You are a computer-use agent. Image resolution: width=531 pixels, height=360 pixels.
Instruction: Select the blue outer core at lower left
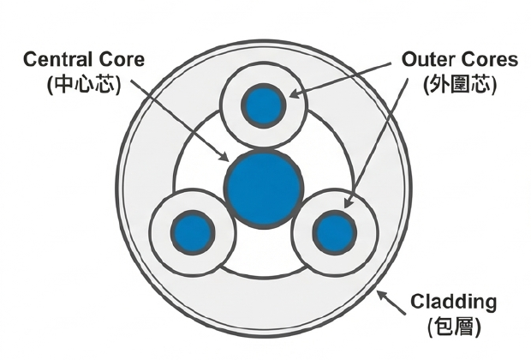tap(192, 231)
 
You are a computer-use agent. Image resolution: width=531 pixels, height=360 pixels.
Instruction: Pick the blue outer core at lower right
tap(334, 231)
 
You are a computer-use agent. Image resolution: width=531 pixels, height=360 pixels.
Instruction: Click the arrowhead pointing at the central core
tap(225, 159)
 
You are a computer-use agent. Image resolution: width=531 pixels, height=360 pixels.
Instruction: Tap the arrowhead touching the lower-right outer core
tap(347, 207)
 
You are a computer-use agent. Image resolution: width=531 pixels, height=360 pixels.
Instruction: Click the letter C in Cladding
tap(418, 302)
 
